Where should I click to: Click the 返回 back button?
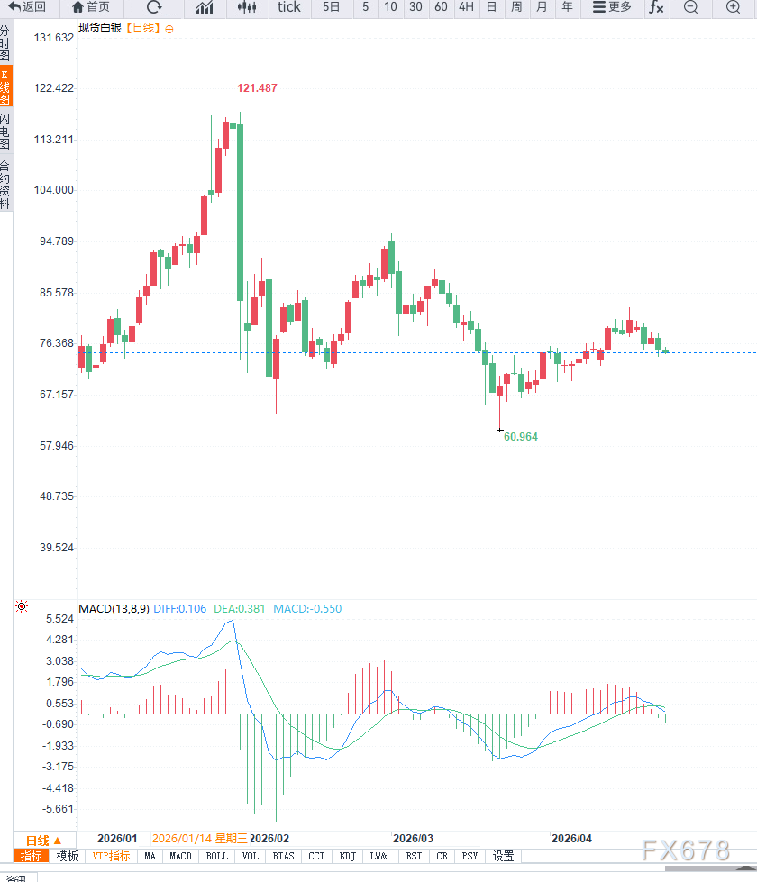pos(27,7)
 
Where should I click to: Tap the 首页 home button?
pos(91,7)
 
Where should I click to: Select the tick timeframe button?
pos(289,7)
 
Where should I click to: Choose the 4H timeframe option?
pos(465,7)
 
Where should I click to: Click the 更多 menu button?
pos(613,7)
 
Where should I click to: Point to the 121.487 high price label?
pos(257,87)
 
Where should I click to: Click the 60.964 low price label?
pos(521,436)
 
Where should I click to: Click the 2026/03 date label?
pos(414,838)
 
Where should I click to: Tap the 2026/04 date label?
pos(571,838)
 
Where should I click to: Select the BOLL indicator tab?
pos(217,856)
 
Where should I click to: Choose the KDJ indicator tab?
pos(348,856)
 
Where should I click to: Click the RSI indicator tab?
pos(414,856)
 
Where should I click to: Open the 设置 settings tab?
pos(503,856)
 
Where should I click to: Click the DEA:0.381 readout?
pos(241,608)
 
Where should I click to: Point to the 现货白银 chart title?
pos(100,28)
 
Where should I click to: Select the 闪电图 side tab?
pos(5,132)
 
